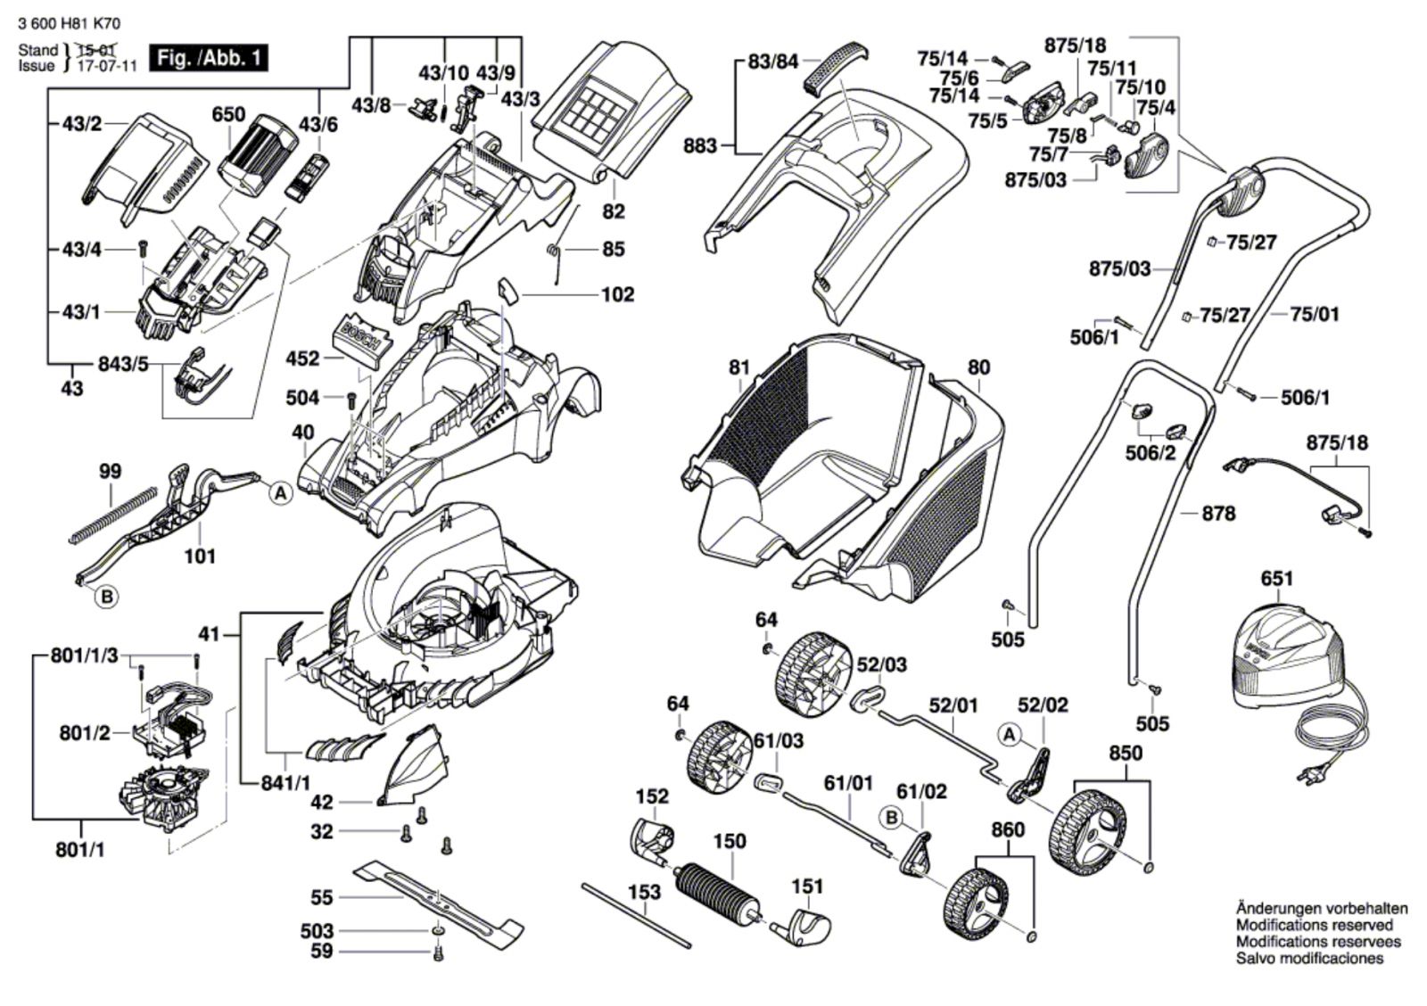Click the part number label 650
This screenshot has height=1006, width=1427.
[x=228, y=114]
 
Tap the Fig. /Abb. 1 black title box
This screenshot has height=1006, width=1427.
[x=209, y=59]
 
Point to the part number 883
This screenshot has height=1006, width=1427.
[x=700, y=146]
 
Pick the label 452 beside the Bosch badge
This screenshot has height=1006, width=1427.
[x=302, y=359]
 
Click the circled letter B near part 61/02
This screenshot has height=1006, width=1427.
[x=892, y=818]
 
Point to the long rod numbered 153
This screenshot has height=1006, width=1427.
[x=636, y=916]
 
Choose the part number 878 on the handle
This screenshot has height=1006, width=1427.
[x=1218, y=514]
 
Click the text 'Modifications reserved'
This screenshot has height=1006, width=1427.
[x=1315, y=925]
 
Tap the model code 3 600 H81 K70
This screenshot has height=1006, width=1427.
[x=70, y=24]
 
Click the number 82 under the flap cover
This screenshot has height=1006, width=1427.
[x=613, y=210]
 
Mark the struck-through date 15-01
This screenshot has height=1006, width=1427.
[x=96, y=50]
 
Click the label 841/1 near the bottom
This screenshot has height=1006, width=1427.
[x=285, y=783]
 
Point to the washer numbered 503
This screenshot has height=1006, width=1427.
[x=436, y=931]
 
